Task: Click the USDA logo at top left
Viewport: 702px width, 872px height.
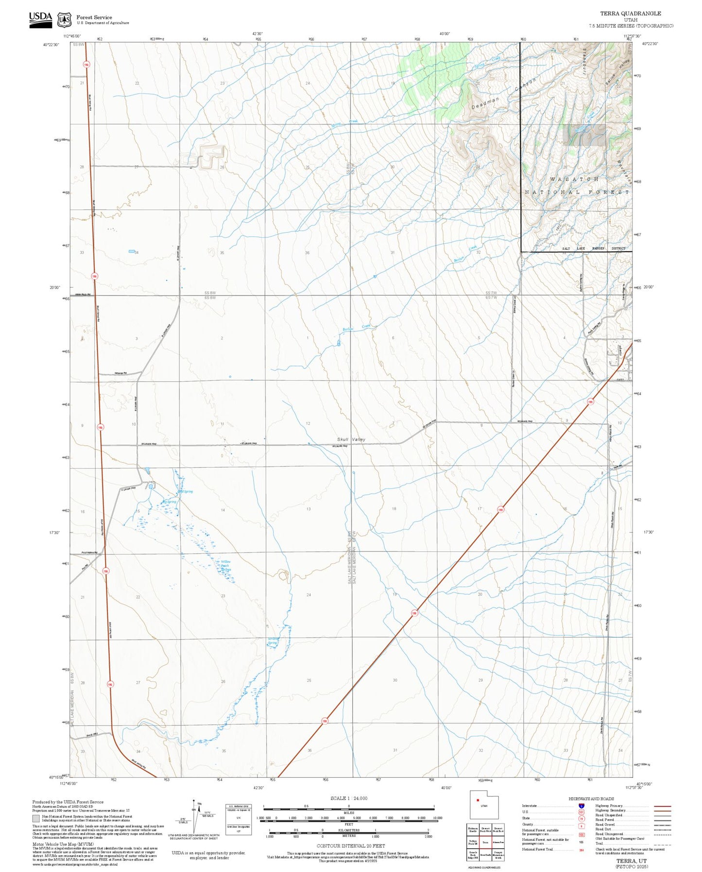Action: (x=40, y=19)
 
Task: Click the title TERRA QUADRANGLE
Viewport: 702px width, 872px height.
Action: (x=630, y=14)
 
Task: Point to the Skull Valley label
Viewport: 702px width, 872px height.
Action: (x=351, y=439)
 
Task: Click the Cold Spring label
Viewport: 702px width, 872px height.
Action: (x=186, y=491)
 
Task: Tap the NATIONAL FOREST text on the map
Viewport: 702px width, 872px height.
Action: (x=577, y=192)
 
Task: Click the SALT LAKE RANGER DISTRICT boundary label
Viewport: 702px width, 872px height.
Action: (x=594, y=248)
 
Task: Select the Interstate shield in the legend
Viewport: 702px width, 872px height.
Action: (x=582, y=806)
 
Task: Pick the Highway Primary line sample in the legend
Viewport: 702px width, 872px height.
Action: (x=662, y=806)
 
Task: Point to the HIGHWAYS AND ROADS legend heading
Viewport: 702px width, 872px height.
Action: (x=591, y=799)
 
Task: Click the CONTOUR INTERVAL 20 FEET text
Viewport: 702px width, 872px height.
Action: (x=348, y=846)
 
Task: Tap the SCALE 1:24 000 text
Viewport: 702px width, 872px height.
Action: (x=348, y=798)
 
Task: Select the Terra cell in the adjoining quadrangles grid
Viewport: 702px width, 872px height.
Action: (x=484, y=842)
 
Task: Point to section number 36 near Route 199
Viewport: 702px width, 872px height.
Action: (x=309, y=750)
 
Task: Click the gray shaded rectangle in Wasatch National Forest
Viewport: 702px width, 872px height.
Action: (x=584, y=135)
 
